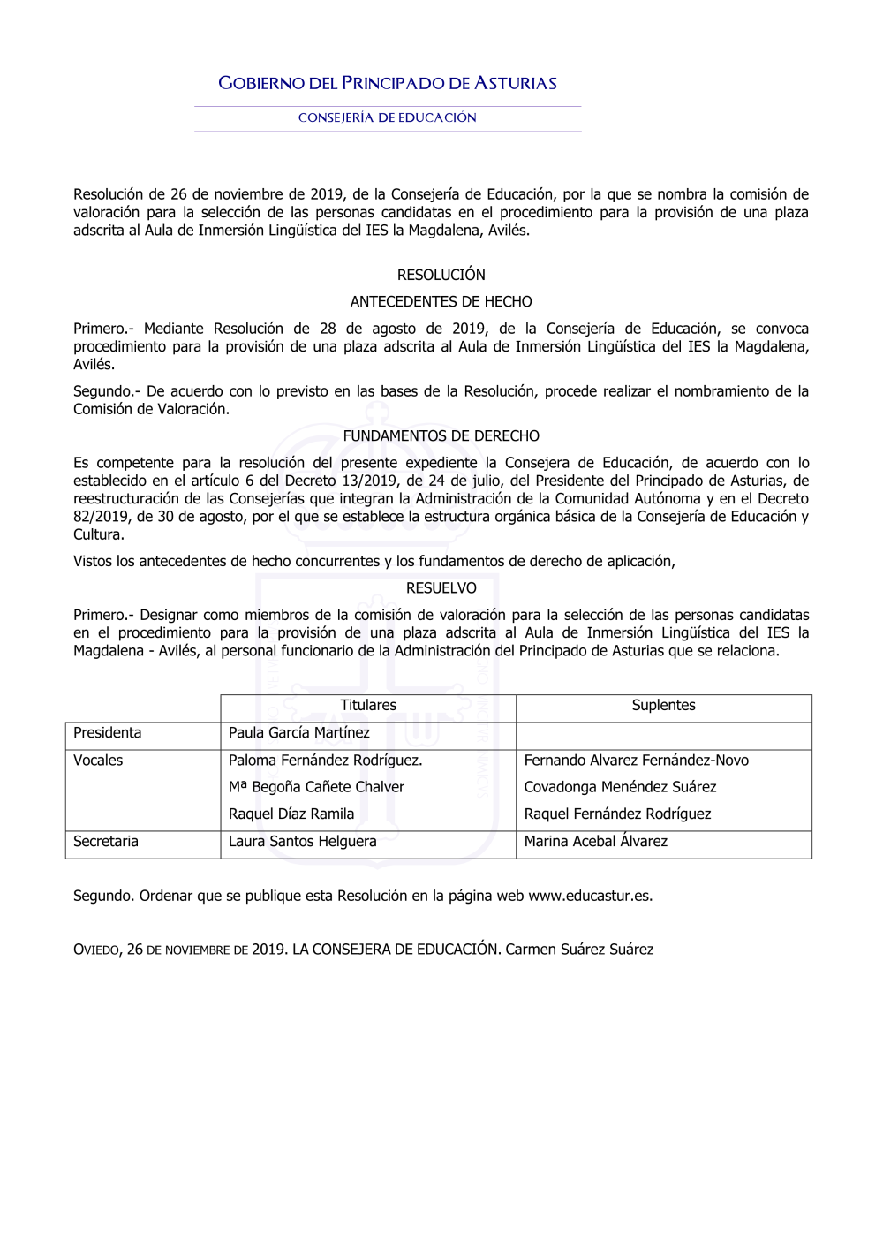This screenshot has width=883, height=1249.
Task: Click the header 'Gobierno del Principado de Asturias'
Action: (388, 84)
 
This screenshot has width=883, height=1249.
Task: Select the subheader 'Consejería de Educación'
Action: (388, 117)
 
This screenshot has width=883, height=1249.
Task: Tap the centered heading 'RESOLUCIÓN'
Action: (441, 275)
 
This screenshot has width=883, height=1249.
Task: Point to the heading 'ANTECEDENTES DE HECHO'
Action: (441, 301)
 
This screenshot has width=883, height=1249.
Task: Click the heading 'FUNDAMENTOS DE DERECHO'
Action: (441, 435)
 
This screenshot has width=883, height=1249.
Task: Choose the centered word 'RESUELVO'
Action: (441, 588)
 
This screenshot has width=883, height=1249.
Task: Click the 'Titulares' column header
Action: (368, 705)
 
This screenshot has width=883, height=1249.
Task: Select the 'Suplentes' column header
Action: (663, 705)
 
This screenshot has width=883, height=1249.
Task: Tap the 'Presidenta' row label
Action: (107, 732)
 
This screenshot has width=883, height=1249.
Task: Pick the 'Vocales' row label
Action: (98, 760)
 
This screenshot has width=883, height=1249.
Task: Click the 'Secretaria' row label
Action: (106, 841)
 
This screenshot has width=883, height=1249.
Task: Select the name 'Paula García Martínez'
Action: (299, 732)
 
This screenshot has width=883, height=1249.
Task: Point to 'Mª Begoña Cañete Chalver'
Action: (316, 786)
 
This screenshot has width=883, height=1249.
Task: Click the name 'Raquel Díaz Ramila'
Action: (291, 814)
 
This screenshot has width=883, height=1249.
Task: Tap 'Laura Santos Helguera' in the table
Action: (302, 841)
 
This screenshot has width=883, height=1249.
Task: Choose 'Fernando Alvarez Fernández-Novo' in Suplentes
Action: (636, 760)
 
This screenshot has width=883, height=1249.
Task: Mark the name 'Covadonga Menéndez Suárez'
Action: (620, 786)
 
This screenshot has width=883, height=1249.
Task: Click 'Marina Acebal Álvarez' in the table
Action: (595, 841)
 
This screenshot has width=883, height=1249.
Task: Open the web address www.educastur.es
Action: (589, 896)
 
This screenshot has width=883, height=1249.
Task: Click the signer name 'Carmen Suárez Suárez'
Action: (579, 950)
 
